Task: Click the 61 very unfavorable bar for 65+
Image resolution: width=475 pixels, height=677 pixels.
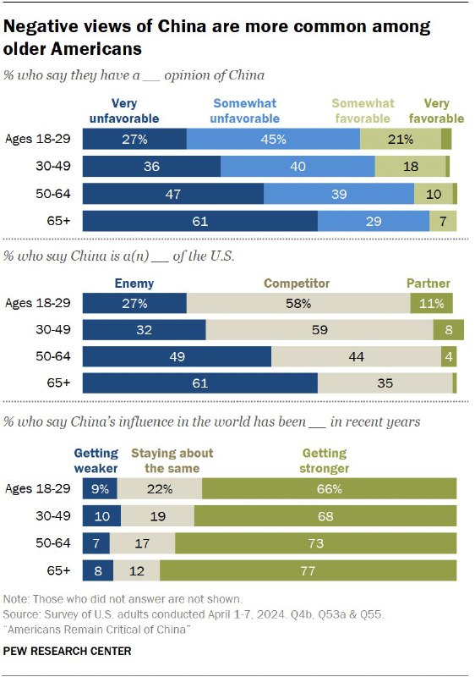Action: [x=199, y=221]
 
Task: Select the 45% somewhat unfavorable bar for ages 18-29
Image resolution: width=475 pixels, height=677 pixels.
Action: [x=273, y=139]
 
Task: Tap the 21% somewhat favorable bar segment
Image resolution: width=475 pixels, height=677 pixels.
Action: [x=401, y=139]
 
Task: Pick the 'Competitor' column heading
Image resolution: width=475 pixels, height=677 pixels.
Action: [x=297, y=283]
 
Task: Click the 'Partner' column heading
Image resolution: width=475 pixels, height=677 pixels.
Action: [x=429, y=283]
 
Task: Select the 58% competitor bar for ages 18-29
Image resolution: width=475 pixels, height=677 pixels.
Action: [x=298, y=303]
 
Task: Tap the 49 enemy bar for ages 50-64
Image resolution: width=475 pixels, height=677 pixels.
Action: [x=177, y=357]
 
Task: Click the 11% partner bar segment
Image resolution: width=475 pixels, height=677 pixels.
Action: [x=431, y=303]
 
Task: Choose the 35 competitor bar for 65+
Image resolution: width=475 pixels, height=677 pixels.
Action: [x=385, y=384]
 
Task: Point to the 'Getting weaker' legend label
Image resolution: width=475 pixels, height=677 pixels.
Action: [x=96, y=461]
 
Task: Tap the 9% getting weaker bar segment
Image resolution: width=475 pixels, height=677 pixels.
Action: [x=100, y=488]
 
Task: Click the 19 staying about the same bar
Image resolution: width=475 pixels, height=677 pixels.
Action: [x=157, y=515]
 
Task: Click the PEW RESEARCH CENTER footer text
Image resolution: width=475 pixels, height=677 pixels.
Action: [x=68, y=651]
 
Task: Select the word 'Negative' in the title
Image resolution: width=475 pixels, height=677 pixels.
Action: [x=40, y=25]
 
